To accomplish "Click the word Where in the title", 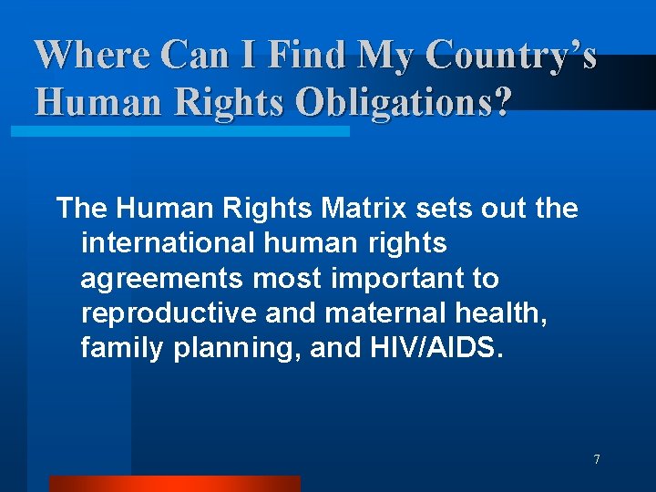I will [x=91, y=55].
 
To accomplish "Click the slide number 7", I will [x=597, y=459].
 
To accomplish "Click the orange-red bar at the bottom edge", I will [x=174, y=484].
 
